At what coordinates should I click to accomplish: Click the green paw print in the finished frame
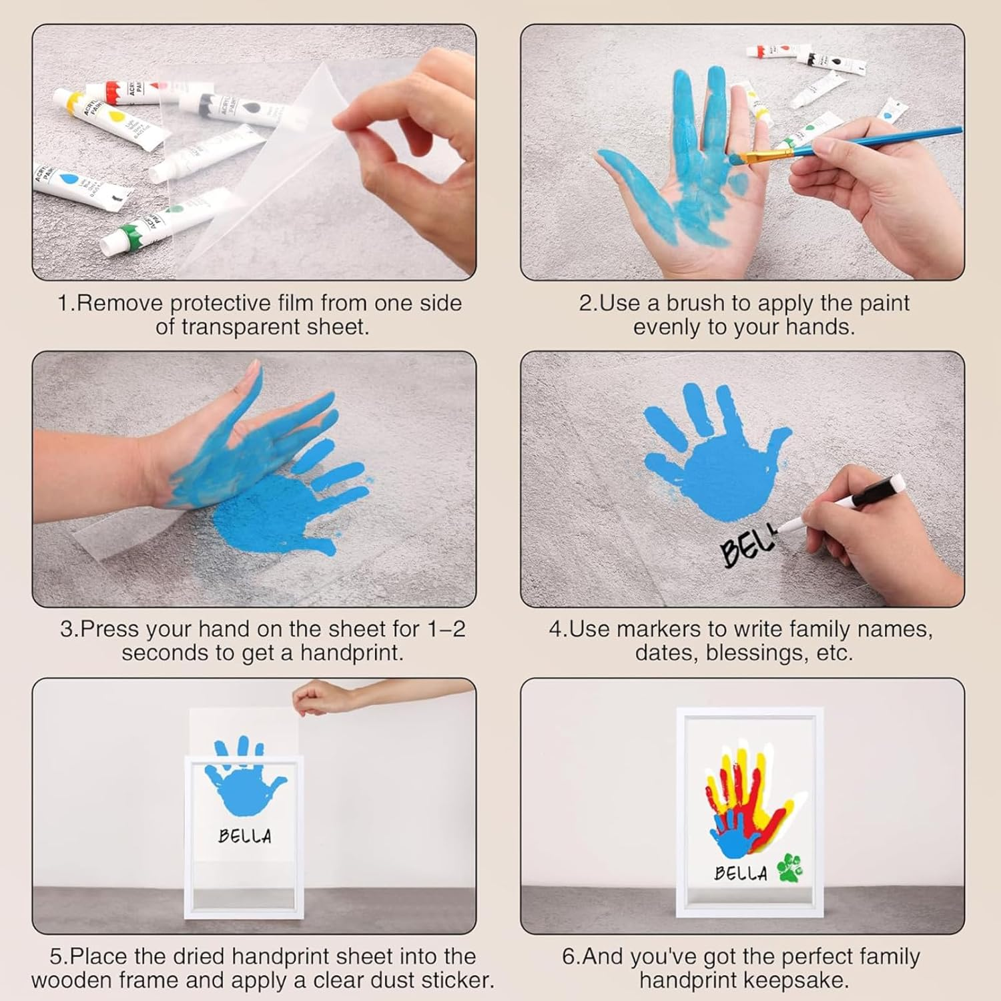coord(790,867)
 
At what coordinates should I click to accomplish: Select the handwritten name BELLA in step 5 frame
coord(245,836)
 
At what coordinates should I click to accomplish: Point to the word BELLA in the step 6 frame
coord(741,873)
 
